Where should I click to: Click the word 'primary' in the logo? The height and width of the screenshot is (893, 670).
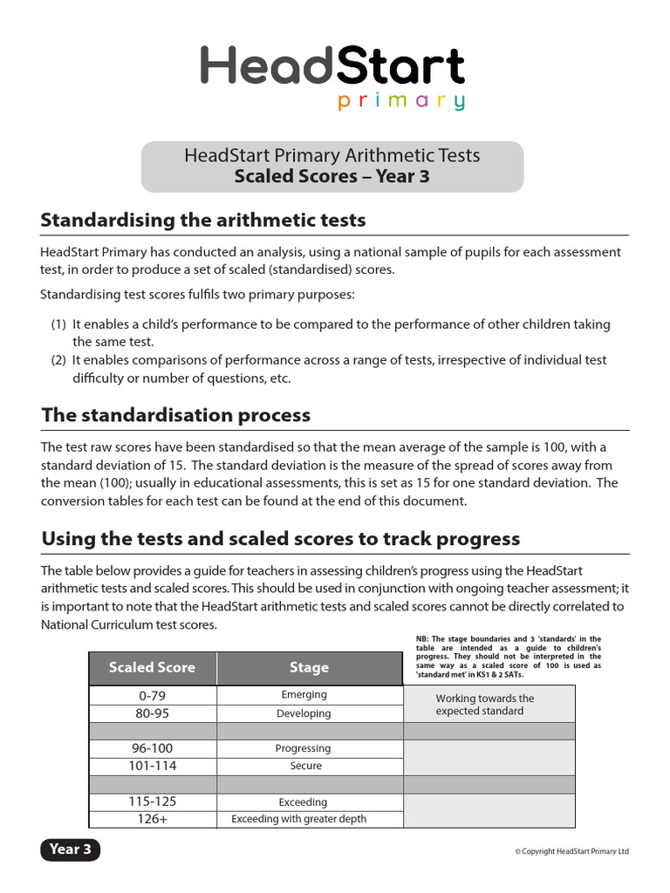tap(401, 102)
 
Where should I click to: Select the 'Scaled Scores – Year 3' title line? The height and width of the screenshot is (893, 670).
tap(332, 177)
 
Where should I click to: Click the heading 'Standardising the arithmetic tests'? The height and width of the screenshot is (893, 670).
tap(203, 220)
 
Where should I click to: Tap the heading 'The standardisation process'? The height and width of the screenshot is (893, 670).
tap(175, 415)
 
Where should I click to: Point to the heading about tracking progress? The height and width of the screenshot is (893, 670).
tap(280, 539)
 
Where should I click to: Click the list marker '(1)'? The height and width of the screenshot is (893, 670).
tap(58, 324)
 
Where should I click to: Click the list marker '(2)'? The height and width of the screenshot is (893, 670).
tap(58, 360)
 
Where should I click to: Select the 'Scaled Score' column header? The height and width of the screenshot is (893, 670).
tap(152, 668)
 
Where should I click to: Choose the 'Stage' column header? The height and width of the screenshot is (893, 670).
tap(309, 668)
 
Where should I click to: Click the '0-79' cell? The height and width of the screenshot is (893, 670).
tap(152, 695)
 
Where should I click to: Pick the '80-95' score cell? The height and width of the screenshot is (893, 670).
tap(152, 713)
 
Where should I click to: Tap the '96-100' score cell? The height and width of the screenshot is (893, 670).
tap(152, 748)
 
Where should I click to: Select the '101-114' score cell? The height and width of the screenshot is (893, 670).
tap(152, 766)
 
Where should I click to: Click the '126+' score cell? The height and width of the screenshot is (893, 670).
tap(152, 819)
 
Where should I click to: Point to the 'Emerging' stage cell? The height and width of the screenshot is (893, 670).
tap(304, 695)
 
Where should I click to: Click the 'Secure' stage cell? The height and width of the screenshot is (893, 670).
tap(305, 766)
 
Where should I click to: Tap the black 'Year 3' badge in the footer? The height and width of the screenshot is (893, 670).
tap(71, 849)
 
